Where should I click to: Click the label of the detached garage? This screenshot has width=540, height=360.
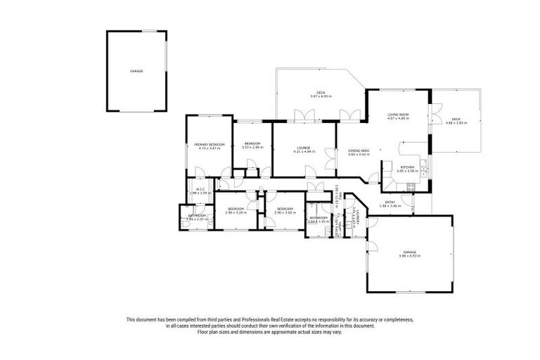[x=136, y=72]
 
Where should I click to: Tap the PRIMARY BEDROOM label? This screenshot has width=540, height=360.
[x=209, y=144]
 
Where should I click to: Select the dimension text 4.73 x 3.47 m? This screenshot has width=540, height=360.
[x=209, y=148]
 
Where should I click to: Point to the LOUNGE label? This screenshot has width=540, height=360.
[x=304, y=147]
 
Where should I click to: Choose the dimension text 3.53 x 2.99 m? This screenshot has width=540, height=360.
[x=252, y=147]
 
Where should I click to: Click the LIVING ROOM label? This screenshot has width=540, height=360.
[x=398, y=114]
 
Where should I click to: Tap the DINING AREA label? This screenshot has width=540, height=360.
[x=359, y=150]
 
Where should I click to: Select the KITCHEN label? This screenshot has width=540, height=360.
[x=407, y=166]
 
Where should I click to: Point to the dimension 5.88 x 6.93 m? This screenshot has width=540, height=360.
[x=409, y=256]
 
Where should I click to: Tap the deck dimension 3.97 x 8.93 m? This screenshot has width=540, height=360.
[x=321, y=96]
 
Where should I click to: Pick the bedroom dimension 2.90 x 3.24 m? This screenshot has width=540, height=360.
[x=235, y=212]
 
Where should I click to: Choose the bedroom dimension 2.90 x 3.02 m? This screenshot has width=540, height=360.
[x=285, y=212]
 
